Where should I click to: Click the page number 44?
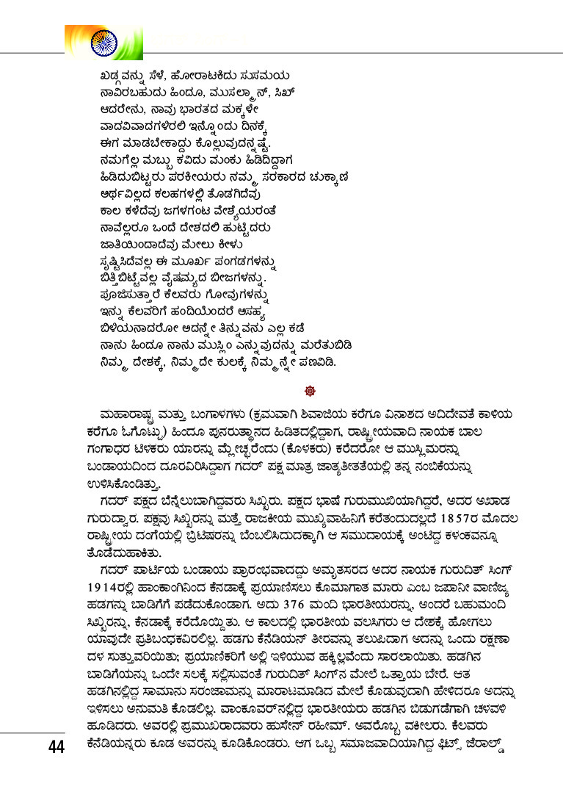pos(55,747)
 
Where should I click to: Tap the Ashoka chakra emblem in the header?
pos(103,43)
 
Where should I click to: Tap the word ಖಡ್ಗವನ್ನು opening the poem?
pos(126,74)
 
